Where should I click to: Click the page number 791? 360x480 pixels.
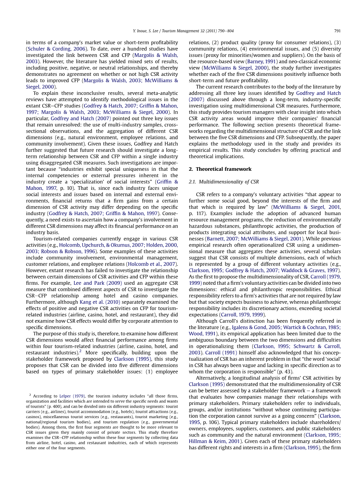[x=337, y=31]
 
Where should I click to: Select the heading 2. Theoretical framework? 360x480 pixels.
[x=220, y=169]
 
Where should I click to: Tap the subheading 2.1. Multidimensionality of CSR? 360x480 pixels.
[x=223, y=182]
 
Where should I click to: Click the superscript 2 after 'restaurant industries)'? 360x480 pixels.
[x=80, y=351]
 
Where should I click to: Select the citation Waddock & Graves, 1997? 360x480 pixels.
[x=314, y=270]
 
